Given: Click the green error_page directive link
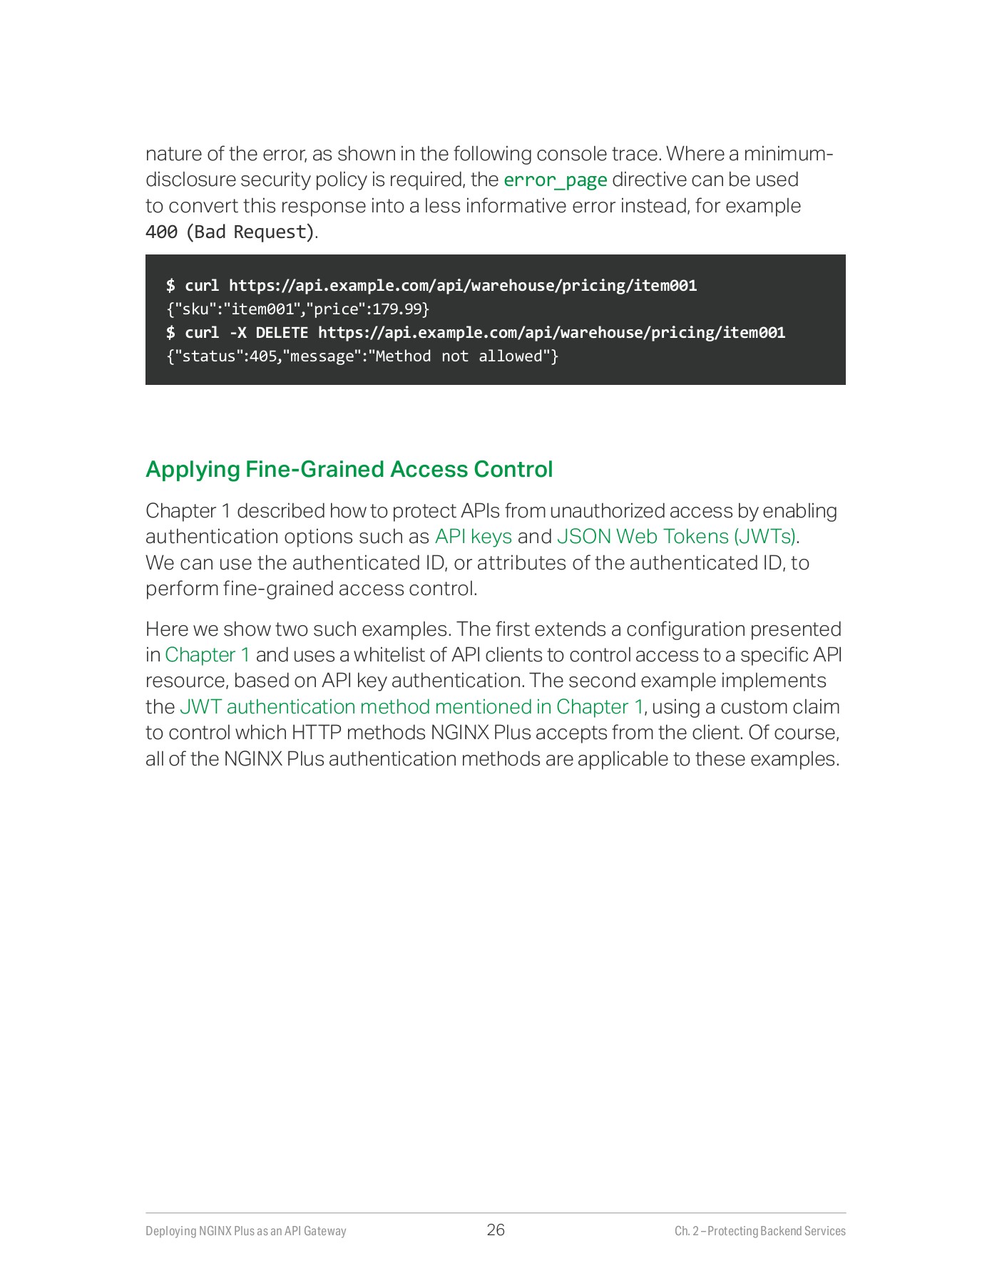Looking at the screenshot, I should click(x=555, y=180).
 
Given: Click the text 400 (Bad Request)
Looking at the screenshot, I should click(x=230, y=232).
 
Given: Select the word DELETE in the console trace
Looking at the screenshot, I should click(x=282, y=333).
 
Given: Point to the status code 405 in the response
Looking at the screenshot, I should click(x=263, y=356).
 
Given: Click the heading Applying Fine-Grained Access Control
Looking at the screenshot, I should click(x=349, y=470).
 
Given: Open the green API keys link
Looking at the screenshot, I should click(x=474, y=537).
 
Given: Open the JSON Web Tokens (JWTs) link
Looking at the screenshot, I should click(x=676, y=537).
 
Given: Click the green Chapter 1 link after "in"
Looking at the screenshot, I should click(x=208, y=655).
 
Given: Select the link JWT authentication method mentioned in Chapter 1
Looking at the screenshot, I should click(x=411, y=707).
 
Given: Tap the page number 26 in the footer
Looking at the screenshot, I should click(x=496, y=1230).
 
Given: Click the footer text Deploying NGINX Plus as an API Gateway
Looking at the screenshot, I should click(x=245, y=1231).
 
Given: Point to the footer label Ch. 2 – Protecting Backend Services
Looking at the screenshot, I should click(x=760, y=1231).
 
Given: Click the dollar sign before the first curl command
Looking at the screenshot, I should click(x=170, y=286).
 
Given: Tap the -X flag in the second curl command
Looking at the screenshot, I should click(x=237, y=333).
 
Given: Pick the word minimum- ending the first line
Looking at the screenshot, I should click(x=788, y=154).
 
